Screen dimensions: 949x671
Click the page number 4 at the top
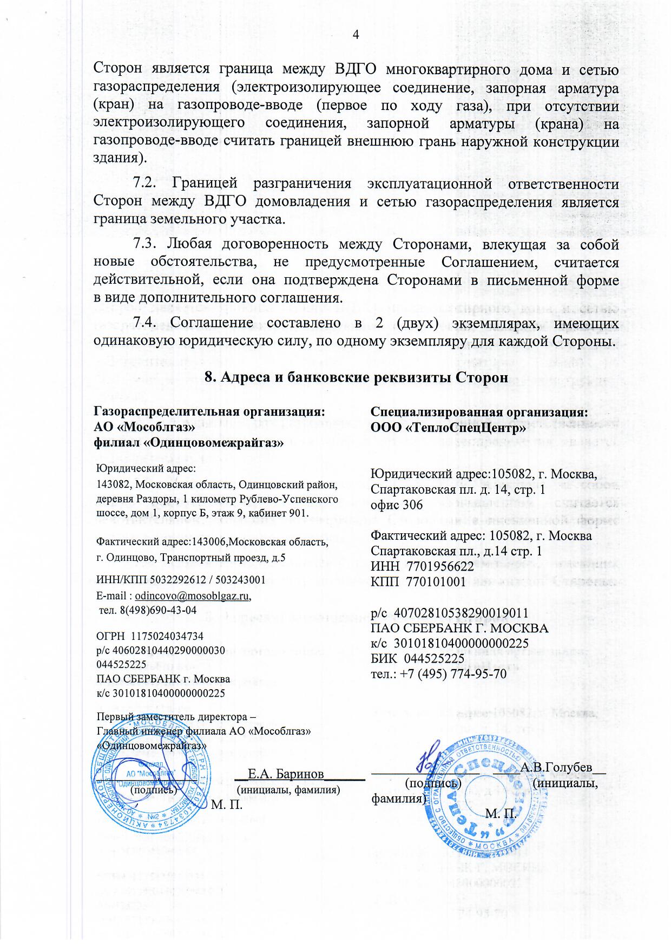point(356,35)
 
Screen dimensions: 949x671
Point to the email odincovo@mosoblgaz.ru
point(193,596)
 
